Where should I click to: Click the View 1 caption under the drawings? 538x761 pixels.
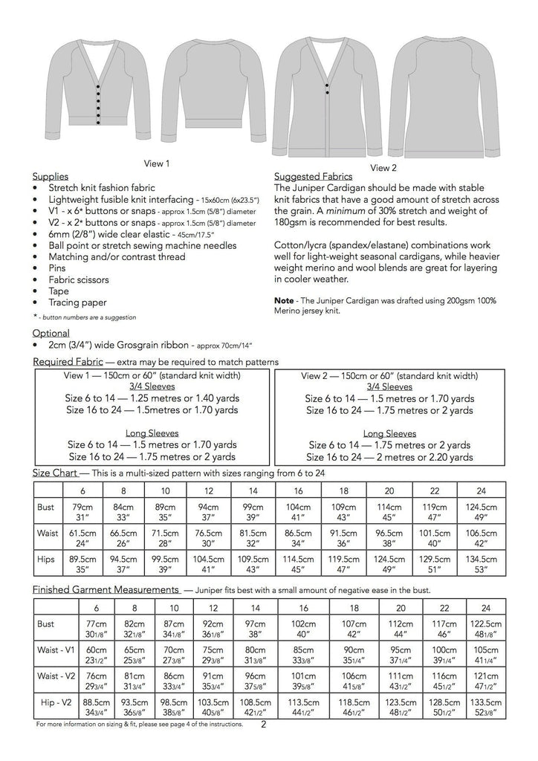click(x=157, y=163)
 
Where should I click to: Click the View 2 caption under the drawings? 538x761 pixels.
click(x=383, y=167)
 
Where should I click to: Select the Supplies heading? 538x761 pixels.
click(x=51, y=176)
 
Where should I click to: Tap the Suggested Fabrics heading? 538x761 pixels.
click(x=313, y=177)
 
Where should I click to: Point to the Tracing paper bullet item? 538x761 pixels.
click(x=77, y=302)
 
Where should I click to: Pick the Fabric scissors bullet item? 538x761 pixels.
click(x=79, y=279)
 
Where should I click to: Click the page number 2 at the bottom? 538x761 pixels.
click(x=264, y=722)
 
